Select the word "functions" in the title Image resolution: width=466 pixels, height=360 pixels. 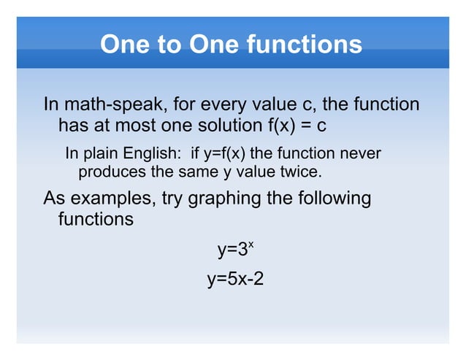pyautogui.click(x=306, y=45)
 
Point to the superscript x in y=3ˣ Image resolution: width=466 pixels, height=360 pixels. pyautogui.click(x=250, y=245)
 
